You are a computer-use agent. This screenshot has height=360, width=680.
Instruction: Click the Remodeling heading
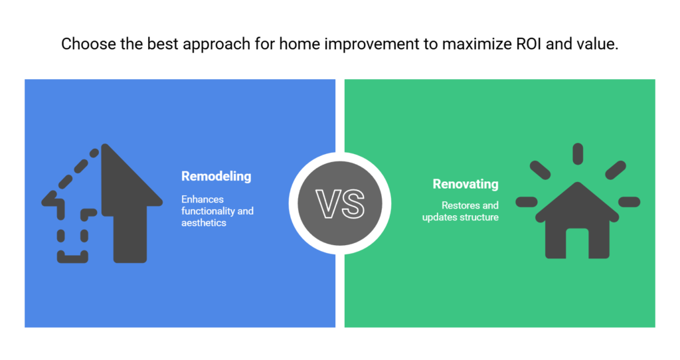pos(216,177)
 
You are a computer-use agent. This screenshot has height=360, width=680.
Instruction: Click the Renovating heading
pos(466,185)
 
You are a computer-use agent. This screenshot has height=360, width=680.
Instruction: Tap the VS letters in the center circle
pos(340,203)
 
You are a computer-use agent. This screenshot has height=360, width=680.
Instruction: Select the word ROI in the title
pos(529,44)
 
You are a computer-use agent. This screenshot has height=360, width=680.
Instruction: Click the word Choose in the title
pos(88,44)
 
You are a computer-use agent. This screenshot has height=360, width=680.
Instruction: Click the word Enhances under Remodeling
pos(203,199)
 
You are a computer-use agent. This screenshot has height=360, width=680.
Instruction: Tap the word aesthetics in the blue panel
pos(204,223)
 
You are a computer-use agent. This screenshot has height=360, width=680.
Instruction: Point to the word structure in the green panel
pos(480,217)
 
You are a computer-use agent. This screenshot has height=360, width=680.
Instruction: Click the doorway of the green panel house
pos(577,243)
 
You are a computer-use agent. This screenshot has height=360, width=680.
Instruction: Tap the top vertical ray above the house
pos(578,154)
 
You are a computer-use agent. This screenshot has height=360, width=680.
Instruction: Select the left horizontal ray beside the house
pos(527,202)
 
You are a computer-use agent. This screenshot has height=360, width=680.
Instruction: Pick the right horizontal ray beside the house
pos(630,202)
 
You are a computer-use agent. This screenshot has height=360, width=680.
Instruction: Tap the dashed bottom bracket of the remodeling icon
pos(72,257)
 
